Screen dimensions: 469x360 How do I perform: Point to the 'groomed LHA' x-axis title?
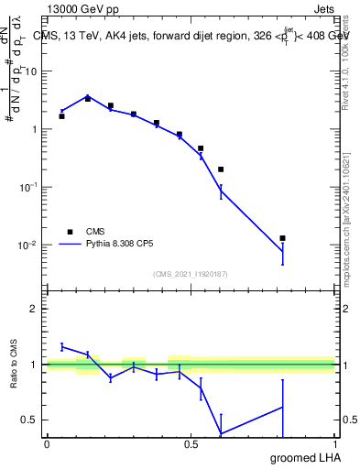302,458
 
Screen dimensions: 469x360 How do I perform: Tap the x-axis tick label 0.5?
191,444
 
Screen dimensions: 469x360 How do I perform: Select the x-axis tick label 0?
47,444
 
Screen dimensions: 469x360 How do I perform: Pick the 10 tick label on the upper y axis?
33,71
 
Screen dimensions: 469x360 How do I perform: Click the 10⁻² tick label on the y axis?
30,245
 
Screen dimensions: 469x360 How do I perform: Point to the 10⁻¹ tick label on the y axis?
30,187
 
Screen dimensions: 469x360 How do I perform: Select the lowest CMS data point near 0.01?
283,238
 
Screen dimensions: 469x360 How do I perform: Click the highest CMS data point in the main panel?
87,98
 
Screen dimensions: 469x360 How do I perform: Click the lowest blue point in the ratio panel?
221,433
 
